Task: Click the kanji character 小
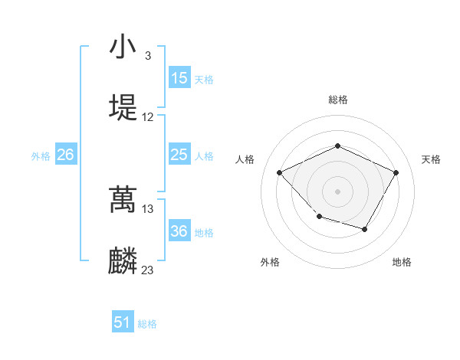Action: [123, 47]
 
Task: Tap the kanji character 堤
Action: [123, 106]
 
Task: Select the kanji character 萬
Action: [123, 200]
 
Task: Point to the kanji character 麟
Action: [123, 260]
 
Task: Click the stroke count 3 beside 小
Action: [147, 56]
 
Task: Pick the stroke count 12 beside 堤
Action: [148, 117]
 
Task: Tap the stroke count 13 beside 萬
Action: [148, 208]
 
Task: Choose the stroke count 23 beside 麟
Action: [148, 270]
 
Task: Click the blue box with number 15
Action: [179, 78]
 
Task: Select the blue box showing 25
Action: [179, 155]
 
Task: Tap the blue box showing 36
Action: [179, 231]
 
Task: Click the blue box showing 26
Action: [65, 155]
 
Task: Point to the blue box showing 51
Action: [123, 322]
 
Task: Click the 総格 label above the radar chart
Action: [338, 100]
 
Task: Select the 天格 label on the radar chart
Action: [431, 159]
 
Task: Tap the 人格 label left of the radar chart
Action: [245, 159]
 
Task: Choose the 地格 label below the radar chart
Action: [402, 262]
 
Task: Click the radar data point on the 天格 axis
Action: [396, 172]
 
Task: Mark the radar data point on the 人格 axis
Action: [280, 172]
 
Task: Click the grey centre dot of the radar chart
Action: [338, 191]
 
